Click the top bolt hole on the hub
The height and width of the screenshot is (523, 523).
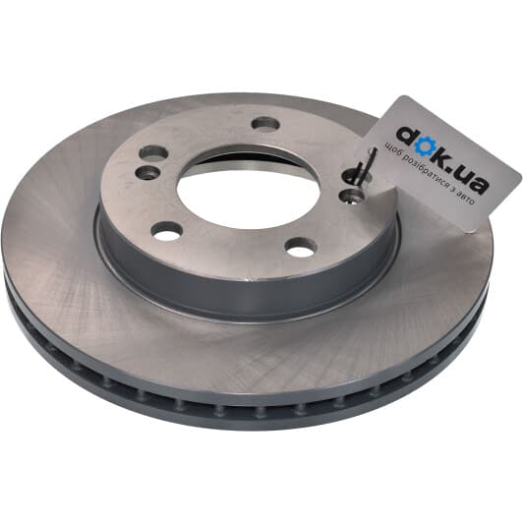tap(265, 124)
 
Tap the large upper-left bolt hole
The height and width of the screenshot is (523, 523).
tap(153, 153)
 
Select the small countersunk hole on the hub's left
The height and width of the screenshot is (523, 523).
tap(147, 172)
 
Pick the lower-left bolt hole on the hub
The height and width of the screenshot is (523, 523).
tap(167, 230)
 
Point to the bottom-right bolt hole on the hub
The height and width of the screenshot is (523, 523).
tap(301, 247)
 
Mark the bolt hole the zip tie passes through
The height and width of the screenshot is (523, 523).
tap(355, 176)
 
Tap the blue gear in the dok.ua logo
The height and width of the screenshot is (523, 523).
tap(425, 147)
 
